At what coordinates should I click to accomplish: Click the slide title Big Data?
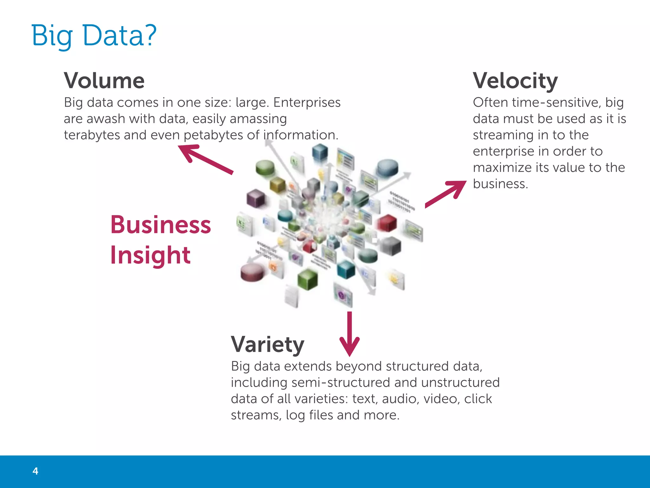click(94, 35)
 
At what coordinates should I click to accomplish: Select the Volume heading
click(104, 81)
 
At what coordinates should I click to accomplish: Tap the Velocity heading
click(515, 81)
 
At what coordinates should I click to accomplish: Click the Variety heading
click(268, 344)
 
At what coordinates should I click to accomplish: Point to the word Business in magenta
click(160, 225)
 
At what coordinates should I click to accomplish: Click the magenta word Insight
click(150, 255)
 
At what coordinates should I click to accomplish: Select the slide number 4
click(35, 471)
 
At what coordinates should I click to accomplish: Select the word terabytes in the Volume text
click(92, 135)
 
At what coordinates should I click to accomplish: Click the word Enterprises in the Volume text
click(307, 103)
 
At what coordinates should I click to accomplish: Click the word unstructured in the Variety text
click(460, 383)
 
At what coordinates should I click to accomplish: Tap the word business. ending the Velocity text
click(500, 184)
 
